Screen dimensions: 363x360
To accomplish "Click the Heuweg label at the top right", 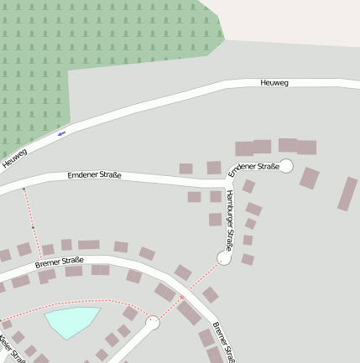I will tap(274, 83).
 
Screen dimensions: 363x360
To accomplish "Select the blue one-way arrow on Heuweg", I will tap(61, 133).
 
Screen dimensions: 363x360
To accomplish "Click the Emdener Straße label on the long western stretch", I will tap(95, 175).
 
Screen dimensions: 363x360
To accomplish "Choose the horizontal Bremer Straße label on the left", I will tap(60, 263).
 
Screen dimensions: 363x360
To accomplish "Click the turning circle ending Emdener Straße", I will tap(285, 166).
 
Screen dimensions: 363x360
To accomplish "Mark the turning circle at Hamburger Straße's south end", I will tap(224, 258).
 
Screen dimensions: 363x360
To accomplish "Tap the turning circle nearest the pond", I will tap(153, 322).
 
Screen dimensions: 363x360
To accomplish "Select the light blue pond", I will tap(72, 320).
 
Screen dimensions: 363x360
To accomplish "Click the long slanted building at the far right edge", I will tap(347, 194).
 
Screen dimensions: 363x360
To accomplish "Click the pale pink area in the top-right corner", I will tap(294, 21).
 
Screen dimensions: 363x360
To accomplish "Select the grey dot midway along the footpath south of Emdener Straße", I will tap(33, 227).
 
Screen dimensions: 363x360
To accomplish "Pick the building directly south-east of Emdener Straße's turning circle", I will tap(310, 178).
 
